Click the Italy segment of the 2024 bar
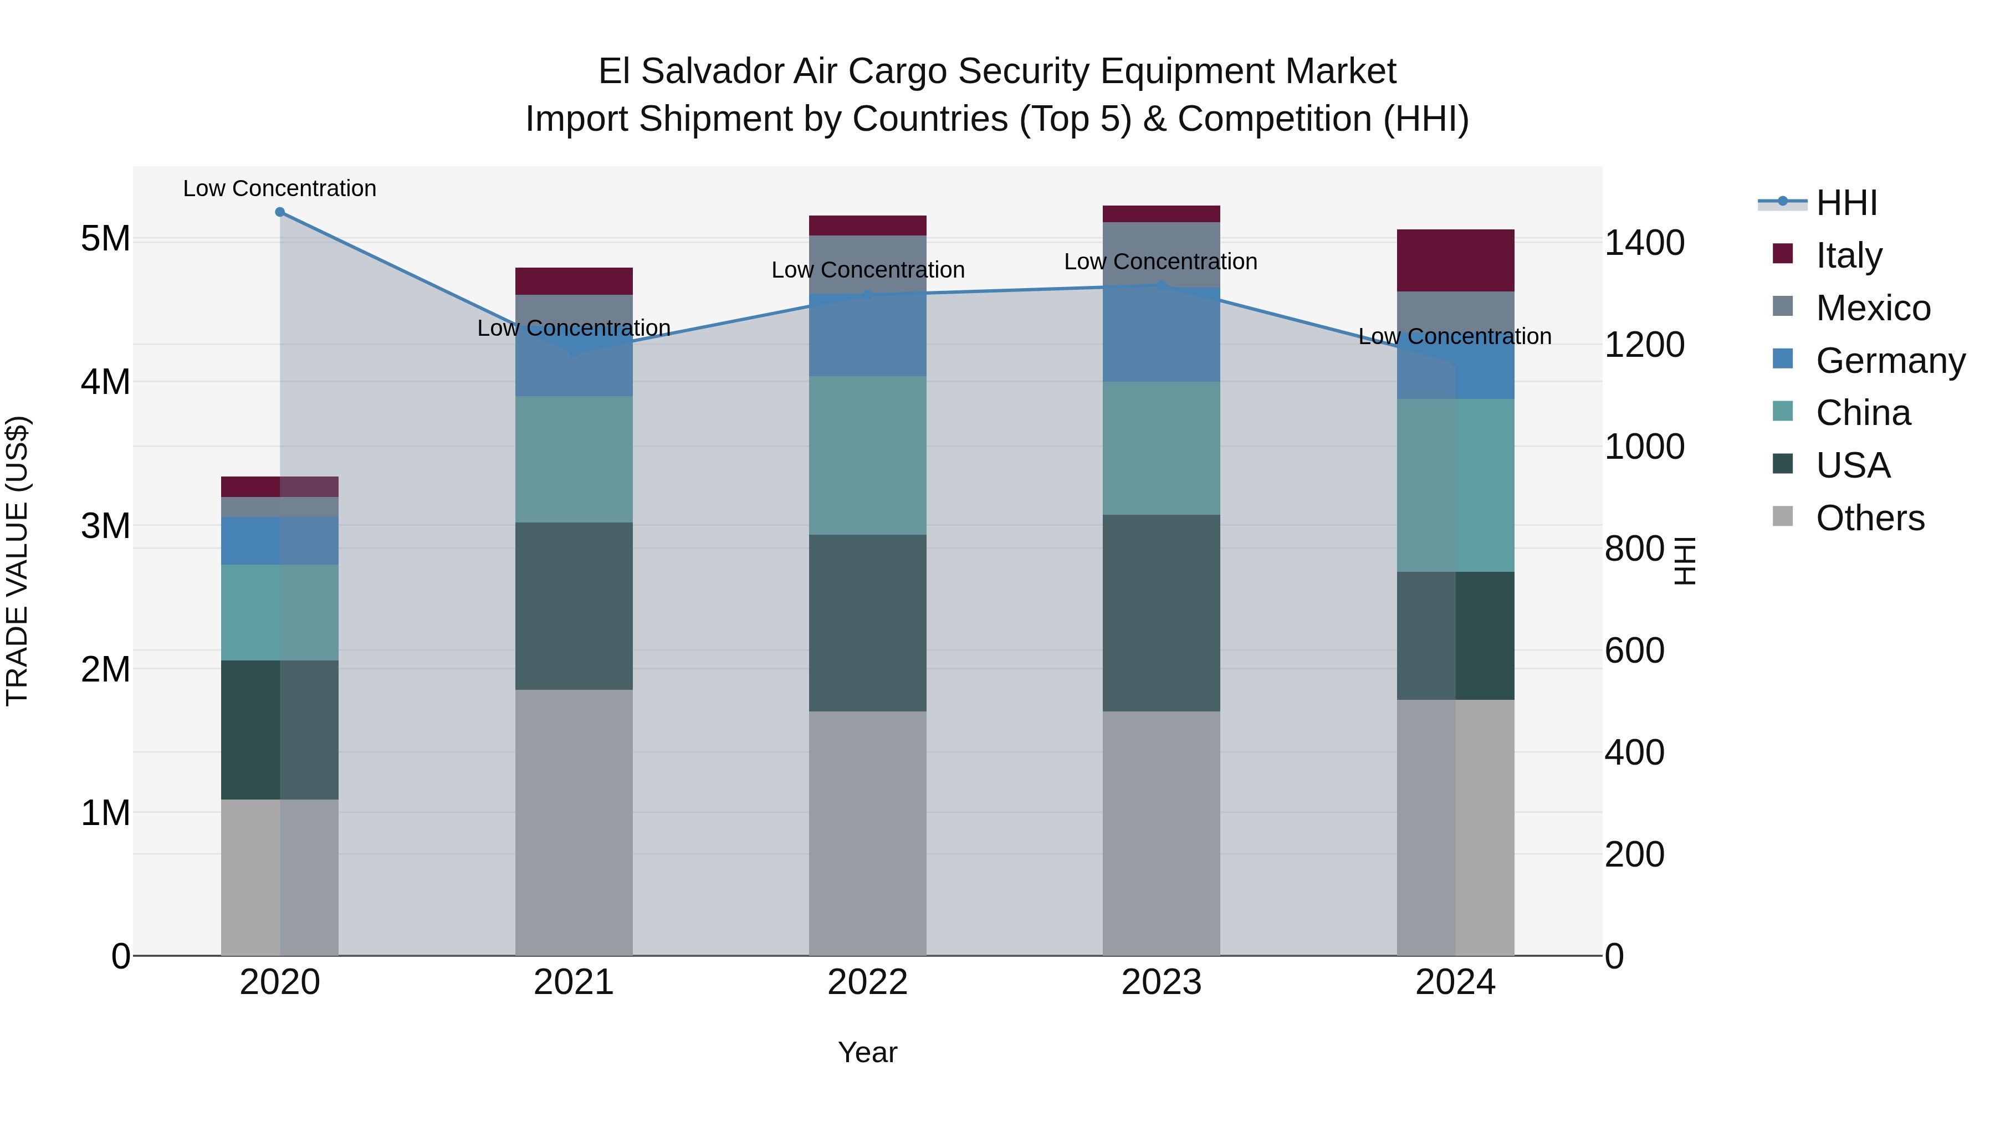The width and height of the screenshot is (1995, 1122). pyautogui.click(x=1455, y=260)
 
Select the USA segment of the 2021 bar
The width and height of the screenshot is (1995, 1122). pyautogui.click(x=574, y=606)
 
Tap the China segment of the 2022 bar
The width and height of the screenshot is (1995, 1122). pyautogui.click(x=867, y=455)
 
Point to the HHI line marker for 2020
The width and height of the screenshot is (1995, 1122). pyautogui.click(x=280, y=212)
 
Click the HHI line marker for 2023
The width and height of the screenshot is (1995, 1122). pyautogui.click(x=1161, y=286)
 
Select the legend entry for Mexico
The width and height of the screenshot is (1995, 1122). pyautogui.click(x=1872, y=308)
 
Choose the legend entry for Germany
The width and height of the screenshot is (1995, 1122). pyautogui.click(x=1890, y=361)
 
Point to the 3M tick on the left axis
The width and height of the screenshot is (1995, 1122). pyautogui.click(x=105, y=526)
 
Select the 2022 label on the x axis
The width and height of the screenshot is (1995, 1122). pyautogui.click(x=867, y=982)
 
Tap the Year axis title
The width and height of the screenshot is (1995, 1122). pyautogui.click(x=867, y=1052)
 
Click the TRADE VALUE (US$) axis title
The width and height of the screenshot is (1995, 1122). pyautogui.click(x=17, y=561)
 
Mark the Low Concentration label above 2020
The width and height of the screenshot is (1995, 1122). pyautogui.click(x=280, y=188)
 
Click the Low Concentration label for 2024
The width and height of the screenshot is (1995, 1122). pyautogui.click(x=1455, y=336)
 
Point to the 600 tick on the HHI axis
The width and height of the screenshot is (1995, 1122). pyautogui.click(x=1634, y=650)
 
